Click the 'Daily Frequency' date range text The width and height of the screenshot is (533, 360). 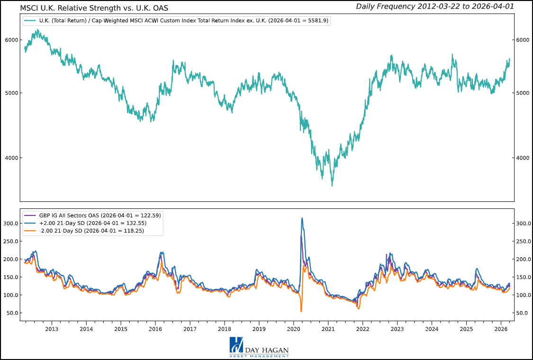point(434,6)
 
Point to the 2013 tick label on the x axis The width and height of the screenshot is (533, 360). point(52,329)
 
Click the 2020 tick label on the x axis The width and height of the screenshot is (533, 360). point(294,329)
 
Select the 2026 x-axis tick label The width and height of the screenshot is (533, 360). point(501,329)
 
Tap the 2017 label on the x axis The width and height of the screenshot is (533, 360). point(190,329)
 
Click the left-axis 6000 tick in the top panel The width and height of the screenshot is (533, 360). point(11,40)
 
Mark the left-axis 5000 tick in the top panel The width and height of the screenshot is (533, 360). point(11,93)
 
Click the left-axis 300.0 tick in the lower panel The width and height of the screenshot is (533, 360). point(9,223)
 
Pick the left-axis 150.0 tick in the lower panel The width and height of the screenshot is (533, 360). point(9,277)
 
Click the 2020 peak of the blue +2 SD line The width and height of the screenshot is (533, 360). point(302,218)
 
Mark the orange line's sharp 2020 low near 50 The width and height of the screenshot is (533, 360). point(301,311)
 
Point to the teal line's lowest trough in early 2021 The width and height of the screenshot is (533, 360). point(332,185)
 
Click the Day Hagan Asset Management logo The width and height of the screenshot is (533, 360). point(259,347)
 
